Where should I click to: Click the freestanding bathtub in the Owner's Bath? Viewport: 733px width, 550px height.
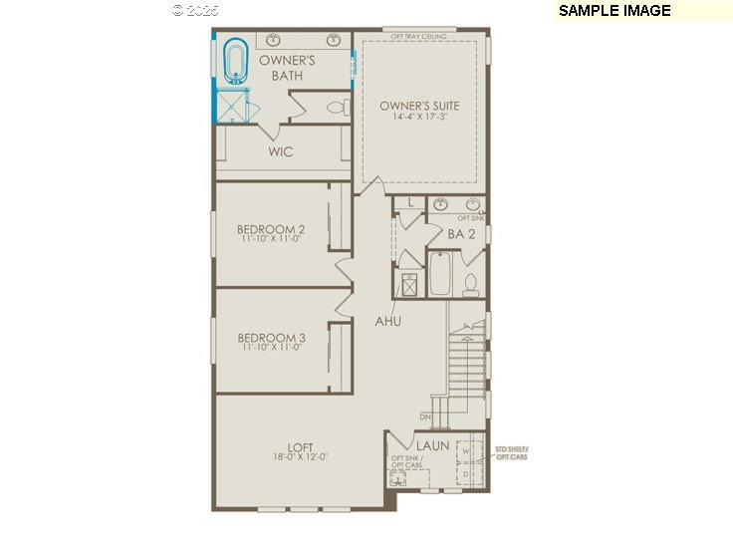(236, 61)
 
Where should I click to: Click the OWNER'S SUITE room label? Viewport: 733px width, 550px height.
(419, 106)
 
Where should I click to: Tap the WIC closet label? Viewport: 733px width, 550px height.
(281, 152)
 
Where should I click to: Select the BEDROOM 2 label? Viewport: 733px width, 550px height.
(271, 228)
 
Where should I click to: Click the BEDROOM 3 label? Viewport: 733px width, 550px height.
(271, 338)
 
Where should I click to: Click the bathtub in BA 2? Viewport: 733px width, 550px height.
(440, 274)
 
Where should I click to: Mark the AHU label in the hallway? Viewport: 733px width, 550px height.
(388, 322)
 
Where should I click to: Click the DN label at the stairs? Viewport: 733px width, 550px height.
(424, 416)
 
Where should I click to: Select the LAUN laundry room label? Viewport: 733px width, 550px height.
(432, 445)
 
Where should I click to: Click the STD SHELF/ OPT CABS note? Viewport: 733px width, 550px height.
(512, 454)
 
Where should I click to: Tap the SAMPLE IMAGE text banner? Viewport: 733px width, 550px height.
(614, 11)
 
